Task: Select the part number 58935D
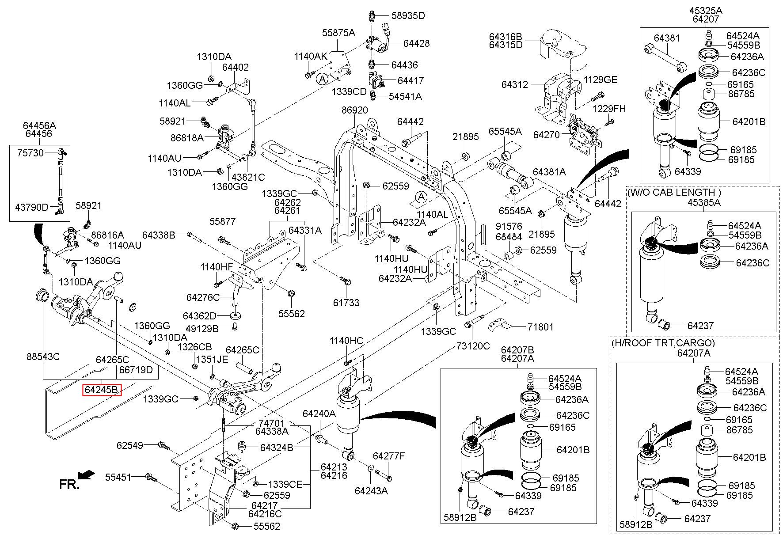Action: point(408,16)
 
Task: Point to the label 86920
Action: point(354,110)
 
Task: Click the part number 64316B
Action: point(506,36)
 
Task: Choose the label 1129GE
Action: point(601,80)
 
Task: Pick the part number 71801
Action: point(540,327)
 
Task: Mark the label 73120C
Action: point(473,346)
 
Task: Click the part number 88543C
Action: point(43,356)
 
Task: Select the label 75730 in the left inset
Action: point(30,152)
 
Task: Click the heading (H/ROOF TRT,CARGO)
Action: point(663,343)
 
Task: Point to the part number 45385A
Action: point(704,202)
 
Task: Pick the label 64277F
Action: point(389,456)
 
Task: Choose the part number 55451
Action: point(118,477)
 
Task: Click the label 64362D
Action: point(200,316)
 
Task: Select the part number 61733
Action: point(346,303)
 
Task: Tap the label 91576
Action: point(509,226)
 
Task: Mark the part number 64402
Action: point(235,68)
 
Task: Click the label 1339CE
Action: point(285,484)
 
